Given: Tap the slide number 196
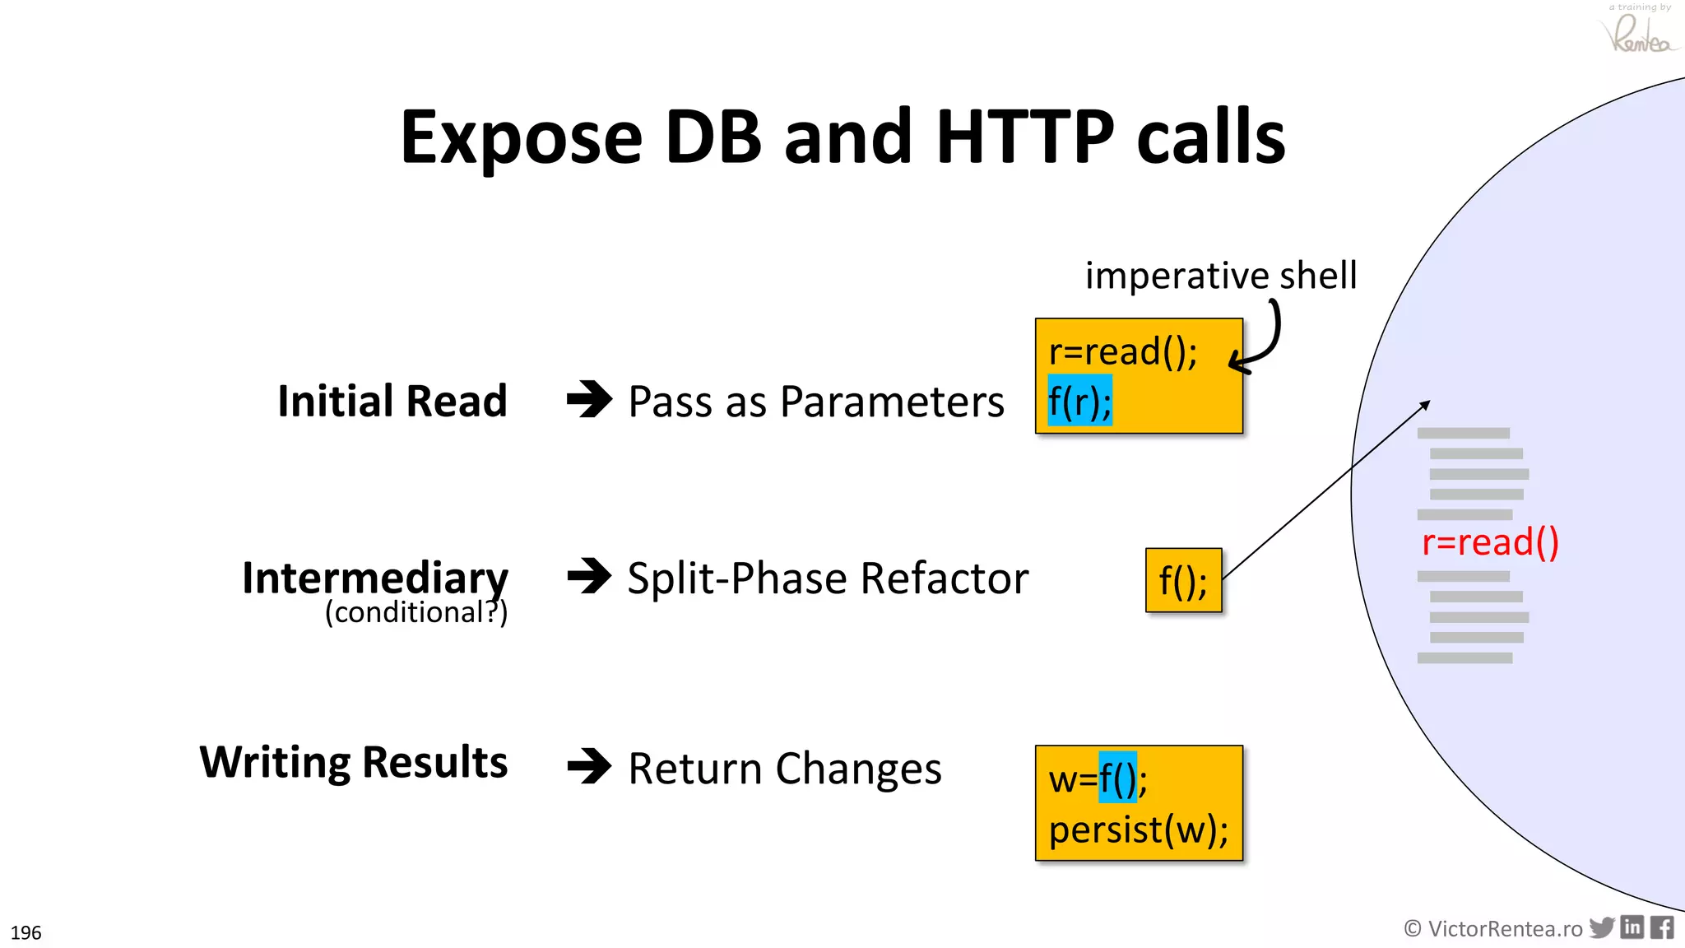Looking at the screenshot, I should [x=26, y=932].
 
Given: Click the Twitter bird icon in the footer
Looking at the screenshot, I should [x=1601, y=927].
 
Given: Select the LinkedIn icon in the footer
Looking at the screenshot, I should [x=1632, y=927].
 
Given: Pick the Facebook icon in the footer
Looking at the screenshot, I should [x=1662, y=927].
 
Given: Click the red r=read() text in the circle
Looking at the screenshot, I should [x=1490, y=542].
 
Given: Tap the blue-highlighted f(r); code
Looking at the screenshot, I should [x=1079, y=401].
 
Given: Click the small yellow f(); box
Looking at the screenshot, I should [x=1183, y=580].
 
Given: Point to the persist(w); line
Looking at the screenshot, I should [x=1138, y=829].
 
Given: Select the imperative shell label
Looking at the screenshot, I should [x=1220, y=275].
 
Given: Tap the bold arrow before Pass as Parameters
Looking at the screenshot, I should [x=589, y=400].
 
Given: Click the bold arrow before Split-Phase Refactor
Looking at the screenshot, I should [x=589, y=576].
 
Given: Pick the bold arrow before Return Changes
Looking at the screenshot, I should [x=589, y=766].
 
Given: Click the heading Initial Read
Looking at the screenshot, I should [x=392, y=401].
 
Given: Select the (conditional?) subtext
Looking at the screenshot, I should [x=416, y=612].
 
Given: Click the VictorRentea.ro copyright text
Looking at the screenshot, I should [x=1493, y=928].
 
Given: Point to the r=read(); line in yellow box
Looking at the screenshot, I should [x=1122, y=352].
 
